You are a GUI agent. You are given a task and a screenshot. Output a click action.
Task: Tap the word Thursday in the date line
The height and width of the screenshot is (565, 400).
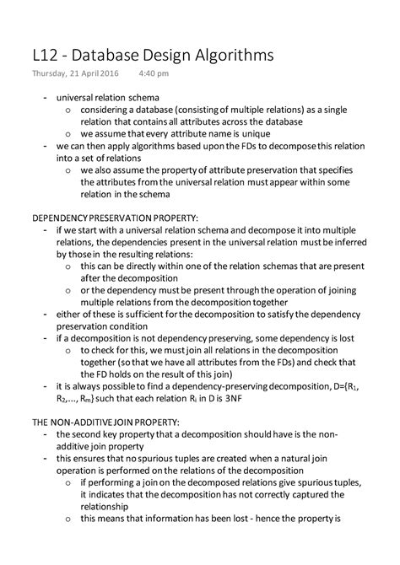point(48,74)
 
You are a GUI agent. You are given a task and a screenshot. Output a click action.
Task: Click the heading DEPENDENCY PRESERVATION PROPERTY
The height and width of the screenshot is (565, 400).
point(115,218)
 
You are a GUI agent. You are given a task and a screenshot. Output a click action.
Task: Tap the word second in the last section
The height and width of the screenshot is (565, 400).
point(90,434)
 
